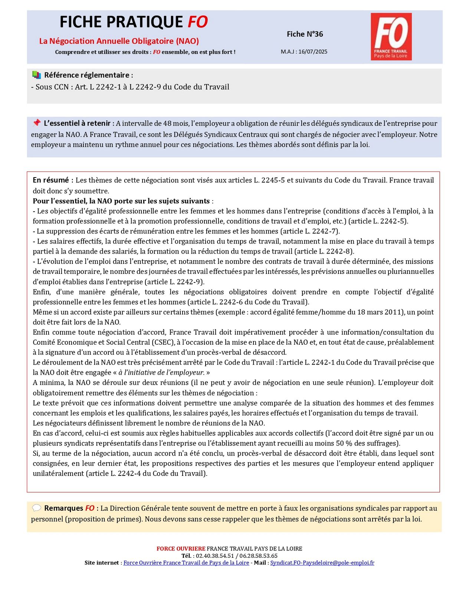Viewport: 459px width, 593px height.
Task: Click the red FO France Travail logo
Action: point(391,36)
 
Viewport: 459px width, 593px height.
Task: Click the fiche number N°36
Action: point(305,34)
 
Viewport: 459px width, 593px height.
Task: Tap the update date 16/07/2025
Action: point(312,52)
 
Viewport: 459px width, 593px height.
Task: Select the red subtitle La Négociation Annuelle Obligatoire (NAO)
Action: point(119,41)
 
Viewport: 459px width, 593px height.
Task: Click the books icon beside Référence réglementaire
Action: point(36,75)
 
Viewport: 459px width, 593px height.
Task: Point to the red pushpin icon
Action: point(36,123)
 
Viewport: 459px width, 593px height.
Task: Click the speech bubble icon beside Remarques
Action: point(36,508)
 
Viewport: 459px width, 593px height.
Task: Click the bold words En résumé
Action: point(51,180)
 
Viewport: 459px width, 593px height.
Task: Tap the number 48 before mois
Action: point(167,123)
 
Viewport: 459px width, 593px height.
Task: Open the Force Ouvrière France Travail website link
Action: point(186,563)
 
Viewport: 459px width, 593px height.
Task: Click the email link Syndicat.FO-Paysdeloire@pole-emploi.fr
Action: point(322,563)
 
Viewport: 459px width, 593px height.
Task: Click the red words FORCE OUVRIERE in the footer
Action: point(181,549)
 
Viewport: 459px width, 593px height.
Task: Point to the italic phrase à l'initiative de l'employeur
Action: point(161,372)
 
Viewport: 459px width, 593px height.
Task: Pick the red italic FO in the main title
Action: point(197,22)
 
